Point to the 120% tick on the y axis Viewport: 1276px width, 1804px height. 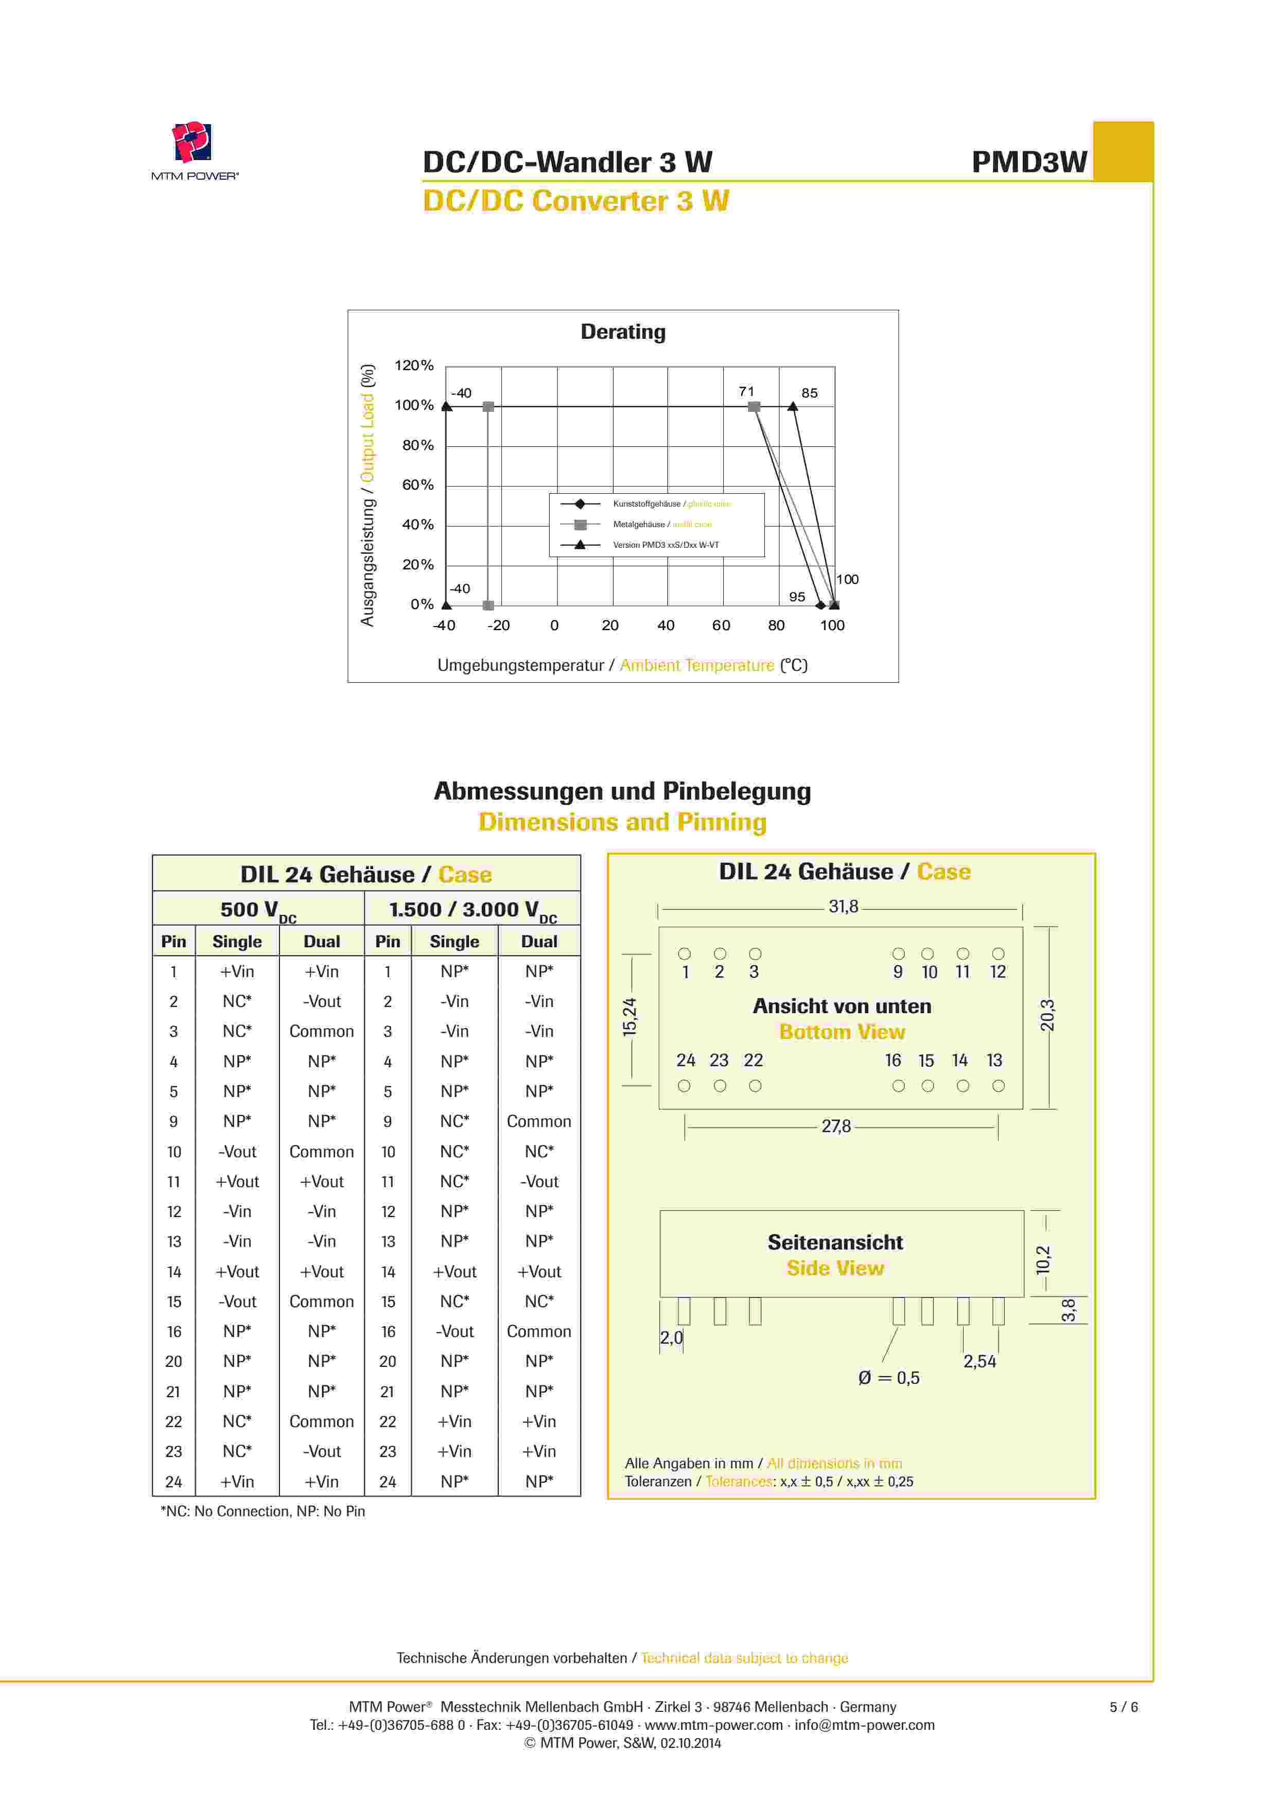pyautogui.click(x=414, y=366)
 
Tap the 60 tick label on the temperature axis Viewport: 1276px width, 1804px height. pyautogui.click(x=721, y=626)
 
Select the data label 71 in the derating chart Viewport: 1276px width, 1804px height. pyautogui.click(x=746, y=391)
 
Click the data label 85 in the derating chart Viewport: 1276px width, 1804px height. pyautogui.click(x=809, y=393)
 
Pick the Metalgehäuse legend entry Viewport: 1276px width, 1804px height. pyautogui.click(x=661, y=524)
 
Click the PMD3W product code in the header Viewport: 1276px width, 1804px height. pyautogui.click(x=1029, y=162)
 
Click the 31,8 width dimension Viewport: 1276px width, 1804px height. pyautogui.click(x=843, y=907)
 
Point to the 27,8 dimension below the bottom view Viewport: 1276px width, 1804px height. pyautogui.click(x=836, y=1126)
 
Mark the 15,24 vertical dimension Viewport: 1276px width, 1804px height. pyautogui.click(x=630, y=1017)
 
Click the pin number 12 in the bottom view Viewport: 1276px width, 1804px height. pyautogui.click(x=998, y=972)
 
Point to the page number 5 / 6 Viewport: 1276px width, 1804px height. pyautogui.click(x=1123, y=1707)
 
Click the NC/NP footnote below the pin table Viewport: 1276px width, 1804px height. pyautogui.click(x=263, y=1511)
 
